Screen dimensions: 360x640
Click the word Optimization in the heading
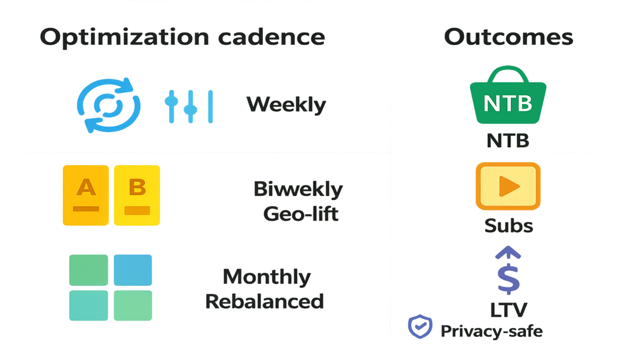tap(124, 37)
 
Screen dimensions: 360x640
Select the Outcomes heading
tap(508, 37)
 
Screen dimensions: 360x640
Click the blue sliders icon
tap(189, 105)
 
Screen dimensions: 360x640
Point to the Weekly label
tap(286, 105)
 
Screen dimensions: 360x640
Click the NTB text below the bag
tap(508, 141)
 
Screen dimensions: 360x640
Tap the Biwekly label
tap(298, 189)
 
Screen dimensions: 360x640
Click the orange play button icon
tap(508, 185)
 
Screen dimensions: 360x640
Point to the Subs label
tap(508, 226)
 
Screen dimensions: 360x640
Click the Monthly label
tap(267, 277)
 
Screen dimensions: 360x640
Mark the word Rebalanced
tap(265, 301)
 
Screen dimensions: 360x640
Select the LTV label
tap(509, 309)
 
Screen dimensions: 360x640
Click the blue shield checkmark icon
tap(420, 326)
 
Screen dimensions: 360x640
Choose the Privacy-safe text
tap(491, 331)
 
